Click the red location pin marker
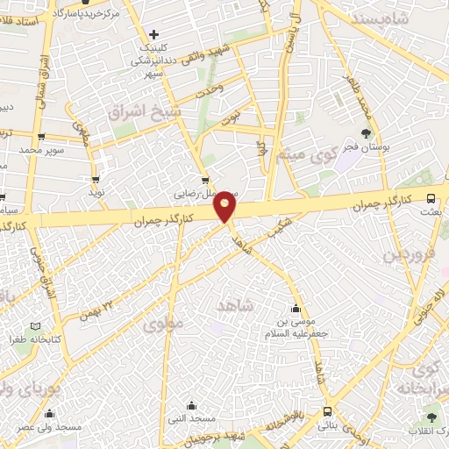coord(227,207)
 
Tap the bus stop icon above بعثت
coord(430,198)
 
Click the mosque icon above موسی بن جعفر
coord(295,309)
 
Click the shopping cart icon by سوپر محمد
coord(40,137)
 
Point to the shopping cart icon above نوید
coord(96,179)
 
